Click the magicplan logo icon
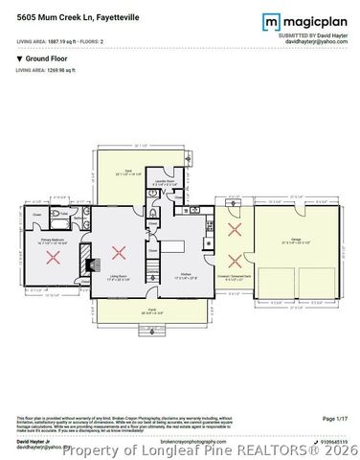(x=271, y=20)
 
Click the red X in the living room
(x=118, y=253)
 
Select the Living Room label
(x=120, y=276)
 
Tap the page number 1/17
(x=335, y=419)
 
